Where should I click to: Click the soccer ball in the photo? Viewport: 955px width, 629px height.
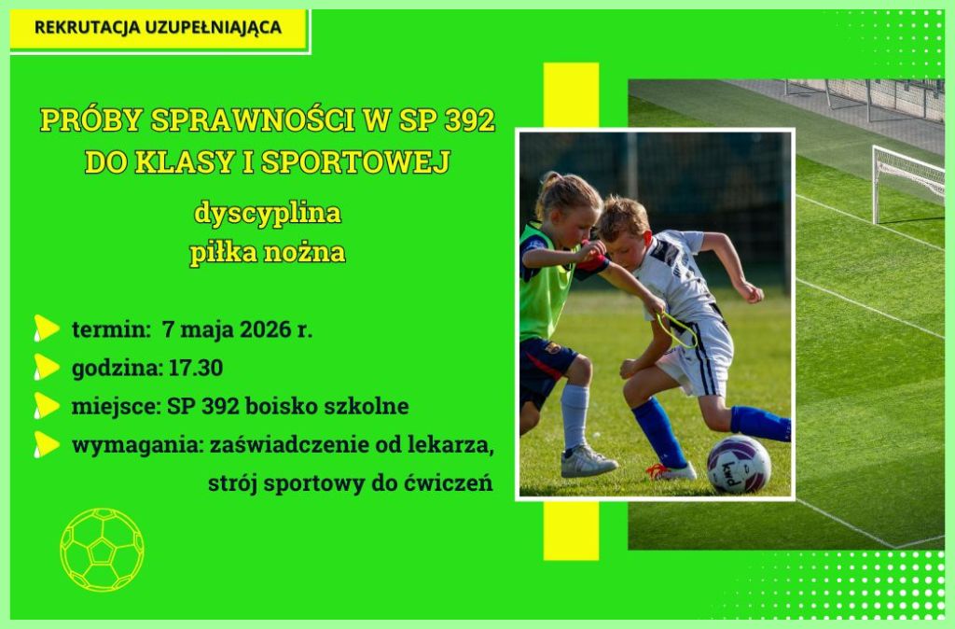(739, 465)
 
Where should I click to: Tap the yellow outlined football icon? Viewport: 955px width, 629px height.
(102, 551)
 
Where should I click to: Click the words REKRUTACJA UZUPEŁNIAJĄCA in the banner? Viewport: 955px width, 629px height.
(159, 27)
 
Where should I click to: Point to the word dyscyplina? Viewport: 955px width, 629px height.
(268, 214)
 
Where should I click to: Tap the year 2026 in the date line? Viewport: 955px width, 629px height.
(266, 329)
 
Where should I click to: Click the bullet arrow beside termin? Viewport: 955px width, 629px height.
(47, 328)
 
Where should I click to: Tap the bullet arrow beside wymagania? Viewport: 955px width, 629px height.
(47, 444)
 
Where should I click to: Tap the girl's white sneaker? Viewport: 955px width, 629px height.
(588, 462)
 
